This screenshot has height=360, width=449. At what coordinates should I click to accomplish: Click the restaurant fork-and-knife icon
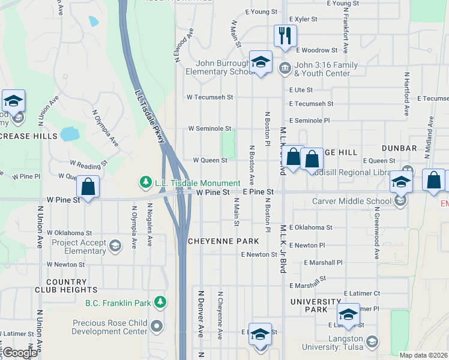point(285,35)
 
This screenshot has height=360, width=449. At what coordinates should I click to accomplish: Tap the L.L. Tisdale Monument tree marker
point(145,181)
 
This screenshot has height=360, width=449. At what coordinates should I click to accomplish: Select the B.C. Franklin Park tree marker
point(160,302)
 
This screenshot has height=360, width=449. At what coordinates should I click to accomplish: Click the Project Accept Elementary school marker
point(115,245)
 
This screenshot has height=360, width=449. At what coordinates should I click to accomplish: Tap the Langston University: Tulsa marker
point(372,342)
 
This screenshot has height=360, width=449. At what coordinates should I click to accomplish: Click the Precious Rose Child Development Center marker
point(157,326)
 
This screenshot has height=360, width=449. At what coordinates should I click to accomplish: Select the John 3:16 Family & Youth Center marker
point(285,67)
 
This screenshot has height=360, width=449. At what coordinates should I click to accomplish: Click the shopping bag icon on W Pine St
point(88,187)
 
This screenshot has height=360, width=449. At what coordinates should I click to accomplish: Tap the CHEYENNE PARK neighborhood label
point(223,241)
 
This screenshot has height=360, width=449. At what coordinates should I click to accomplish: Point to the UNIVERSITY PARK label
point(316,305)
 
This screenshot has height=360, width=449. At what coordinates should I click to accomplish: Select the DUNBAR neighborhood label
point(399,148)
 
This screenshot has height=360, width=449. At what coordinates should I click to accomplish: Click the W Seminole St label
point(209,128)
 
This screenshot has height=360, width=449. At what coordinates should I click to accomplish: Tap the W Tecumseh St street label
point(209,97)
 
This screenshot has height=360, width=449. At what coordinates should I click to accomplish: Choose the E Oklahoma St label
point(310,227)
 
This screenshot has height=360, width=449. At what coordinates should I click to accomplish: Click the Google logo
point(20,353)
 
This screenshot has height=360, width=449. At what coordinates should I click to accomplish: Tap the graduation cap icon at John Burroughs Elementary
point(261,62)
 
